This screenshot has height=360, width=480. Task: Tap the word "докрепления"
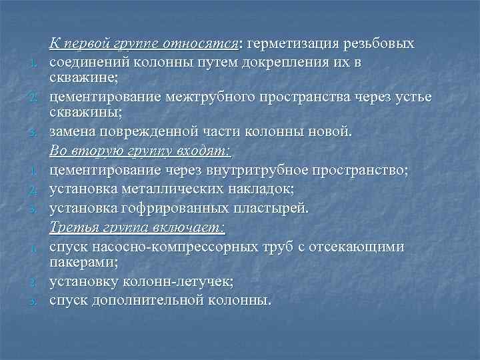pyautogui.click(x=285, y=62)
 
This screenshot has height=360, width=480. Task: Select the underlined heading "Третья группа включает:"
pyautogui.click(x=137, y=228)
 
